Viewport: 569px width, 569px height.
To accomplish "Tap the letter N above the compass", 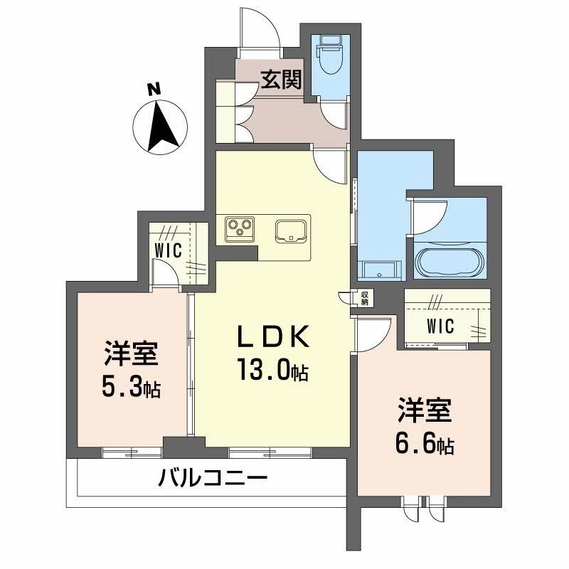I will (151, 90).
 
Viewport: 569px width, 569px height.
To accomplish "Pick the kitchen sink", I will (291, 230).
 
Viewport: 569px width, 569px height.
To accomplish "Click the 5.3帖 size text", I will (131, 388).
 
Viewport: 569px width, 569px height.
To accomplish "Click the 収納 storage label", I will (364, 298).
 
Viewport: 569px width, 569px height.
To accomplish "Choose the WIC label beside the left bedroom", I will (169, 250).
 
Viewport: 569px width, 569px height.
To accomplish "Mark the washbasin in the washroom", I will (378, 269).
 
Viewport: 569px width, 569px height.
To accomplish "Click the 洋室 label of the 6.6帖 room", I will (424, 412).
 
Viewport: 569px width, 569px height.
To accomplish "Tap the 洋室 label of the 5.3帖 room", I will (131, 353).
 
